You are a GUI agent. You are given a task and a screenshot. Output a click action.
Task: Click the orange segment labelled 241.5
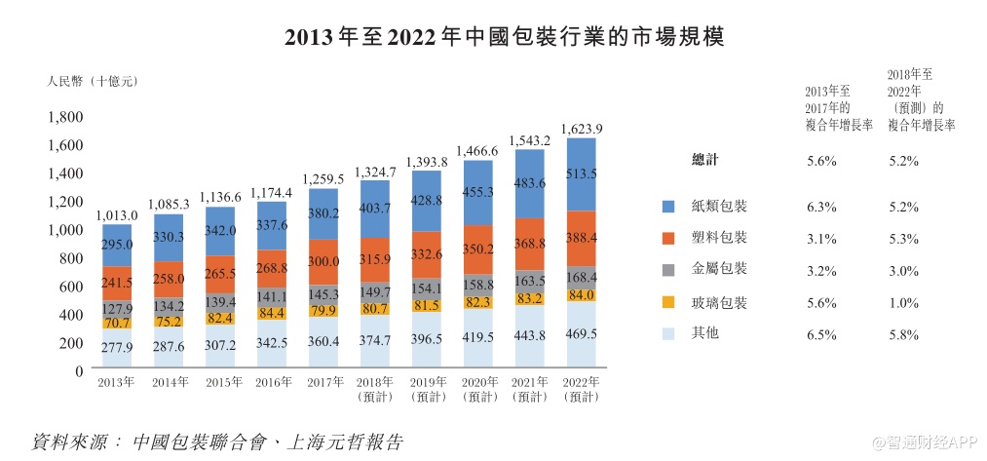[117, 283]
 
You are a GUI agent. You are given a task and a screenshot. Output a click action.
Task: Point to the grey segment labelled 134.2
[169, 305]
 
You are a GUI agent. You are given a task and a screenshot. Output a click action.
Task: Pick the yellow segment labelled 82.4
[220, 318]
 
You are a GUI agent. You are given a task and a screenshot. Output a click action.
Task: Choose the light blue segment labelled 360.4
[323, 343]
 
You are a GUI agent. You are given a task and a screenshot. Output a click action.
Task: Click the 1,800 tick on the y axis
[66, 117]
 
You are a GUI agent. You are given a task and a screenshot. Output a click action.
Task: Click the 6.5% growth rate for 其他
[822, 334]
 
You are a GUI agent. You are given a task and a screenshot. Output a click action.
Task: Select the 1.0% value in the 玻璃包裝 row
[904, 302]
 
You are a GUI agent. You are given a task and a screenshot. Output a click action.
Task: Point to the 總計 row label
[705, 161]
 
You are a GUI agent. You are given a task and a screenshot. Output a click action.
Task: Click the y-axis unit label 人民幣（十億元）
[93, 81]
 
